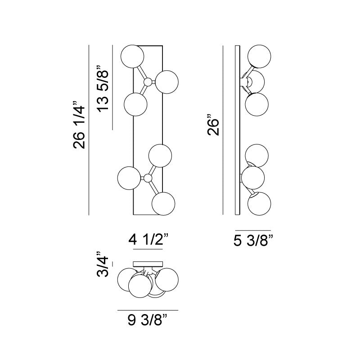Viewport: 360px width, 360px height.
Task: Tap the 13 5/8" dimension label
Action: pos(103,89)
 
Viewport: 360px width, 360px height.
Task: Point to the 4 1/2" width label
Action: pos(148,240)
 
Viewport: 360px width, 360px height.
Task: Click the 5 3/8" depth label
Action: pos(253,241)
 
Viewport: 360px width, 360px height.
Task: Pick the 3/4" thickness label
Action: pos(102,264)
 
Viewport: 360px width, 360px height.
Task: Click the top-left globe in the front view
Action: pos(132,57)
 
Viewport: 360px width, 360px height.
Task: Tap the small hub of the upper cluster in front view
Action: pos(148,82)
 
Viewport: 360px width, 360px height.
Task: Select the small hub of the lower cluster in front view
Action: pos(148,178)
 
